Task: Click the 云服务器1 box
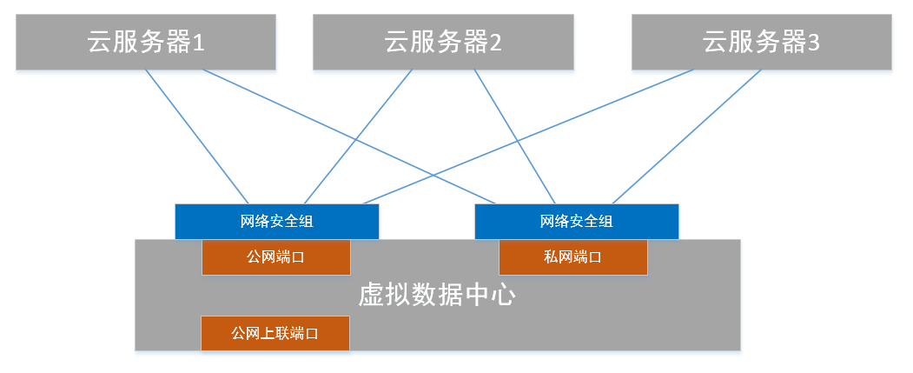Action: [x=146, y=42]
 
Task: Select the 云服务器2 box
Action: [x=443, y=42]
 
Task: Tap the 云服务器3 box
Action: [x=762, y=42]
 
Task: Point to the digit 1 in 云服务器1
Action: [x=199, y=43]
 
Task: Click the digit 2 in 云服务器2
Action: [x=495, y=43]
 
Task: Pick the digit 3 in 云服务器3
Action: [x=813, y=43]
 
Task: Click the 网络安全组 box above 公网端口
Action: [x=276, y=222]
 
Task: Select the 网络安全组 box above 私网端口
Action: [x=577, y=222]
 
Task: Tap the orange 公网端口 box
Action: [x=276, y=257]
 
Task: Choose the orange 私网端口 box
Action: [x=573, y=257]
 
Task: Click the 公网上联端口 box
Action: [x=275, y=333]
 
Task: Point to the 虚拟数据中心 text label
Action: [x=437, y=296]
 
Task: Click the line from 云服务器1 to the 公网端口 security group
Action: [x=197, y=137]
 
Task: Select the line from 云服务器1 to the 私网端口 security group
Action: [x=348, y=137]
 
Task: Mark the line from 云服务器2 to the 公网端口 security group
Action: [x=358, y=137]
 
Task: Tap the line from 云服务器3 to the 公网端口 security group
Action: [x=528, y=137]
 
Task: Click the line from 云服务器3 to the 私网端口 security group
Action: [x=687, y=137]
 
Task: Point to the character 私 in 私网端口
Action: [x=551, y=257]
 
